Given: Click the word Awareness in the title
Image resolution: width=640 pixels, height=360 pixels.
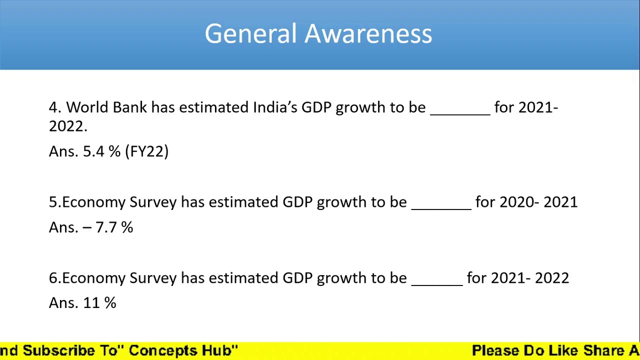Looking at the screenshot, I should (368, 34).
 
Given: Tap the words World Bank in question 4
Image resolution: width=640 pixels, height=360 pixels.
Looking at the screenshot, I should (106, 107).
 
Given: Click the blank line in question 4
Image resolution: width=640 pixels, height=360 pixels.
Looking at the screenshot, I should (460, 112).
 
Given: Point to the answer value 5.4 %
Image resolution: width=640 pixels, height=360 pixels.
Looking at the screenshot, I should (101, 151).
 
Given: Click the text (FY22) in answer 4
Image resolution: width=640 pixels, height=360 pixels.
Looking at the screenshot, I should (147, 151).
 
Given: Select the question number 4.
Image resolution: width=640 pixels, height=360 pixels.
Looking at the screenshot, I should (54, 107).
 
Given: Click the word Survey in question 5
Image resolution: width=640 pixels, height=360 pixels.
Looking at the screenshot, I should (153, 202).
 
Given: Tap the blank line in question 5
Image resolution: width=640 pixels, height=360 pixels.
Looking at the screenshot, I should (441, 207).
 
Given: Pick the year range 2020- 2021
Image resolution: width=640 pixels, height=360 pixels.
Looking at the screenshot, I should (538, 202).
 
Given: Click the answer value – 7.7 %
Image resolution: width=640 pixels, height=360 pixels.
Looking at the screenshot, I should (108, 227).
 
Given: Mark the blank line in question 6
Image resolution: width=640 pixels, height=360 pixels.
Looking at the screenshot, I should (436, 283).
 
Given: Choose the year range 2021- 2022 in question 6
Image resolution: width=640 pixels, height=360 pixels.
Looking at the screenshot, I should (530, 278).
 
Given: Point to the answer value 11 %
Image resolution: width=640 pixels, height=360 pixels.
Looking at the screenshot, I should (99, 303).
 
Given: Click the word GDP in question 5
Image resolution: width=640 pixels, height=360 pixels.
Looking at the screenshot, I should (297, 202).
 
